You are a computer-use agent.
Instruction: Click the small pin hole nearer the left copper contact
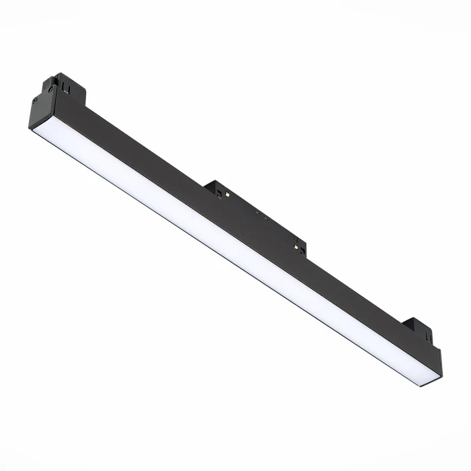click(256, 212)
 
